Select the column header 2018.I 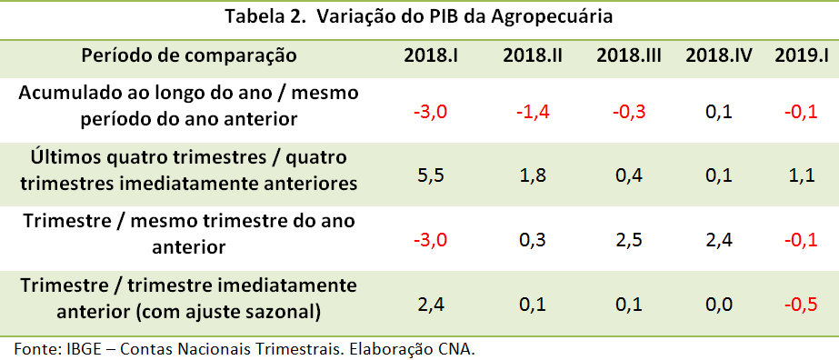pyautogui.click(x=431, y=55)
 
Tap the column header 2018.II pyautogui.click(x=533, y=55)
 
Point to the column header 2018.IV pyautogui.click(x=719, y=55)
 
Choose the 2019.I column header pyautogui.click(x=802, y=55)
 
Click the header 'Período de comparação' pyautogui.click(x=189, y=55)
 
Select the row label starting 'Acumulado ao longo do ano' pyautogui.click(x=189, y=105)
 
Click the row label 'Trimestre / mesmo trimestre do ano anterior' pyautogui.click(x=189, y=232)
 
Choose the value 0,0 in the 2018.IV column pyautogui.click(x=717, y=303)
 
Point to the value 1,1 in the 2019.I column pyautogui.click(x=801, y=174)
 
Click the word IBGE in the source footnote pyautogui.click(x=79, y=348)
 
